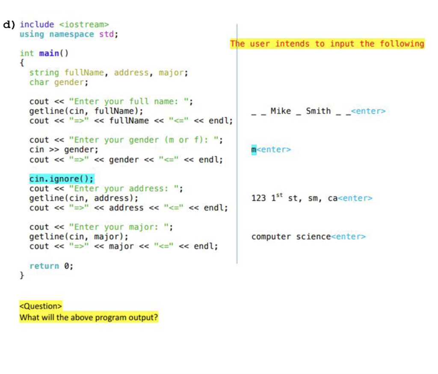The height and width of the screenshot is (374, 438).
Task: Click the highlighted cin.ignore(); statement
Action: click(x=62, y=179)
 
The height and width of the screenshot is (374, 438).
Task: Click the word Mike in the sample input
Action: click(x=281, y=111)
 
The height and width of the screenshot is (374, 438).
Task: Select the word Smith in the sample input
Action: click(x=318, y=111)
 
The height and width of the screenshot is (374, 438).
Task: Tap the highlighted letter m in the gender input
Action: click(x=254, y=150)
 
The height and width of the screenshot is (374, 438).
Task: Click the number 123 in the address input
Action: click(x=259, y=199)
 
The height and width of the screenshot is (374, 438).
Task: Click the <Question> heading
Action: click(x=41, y=306)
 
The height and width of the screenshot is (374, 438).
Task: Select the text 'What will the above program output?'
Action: click(x=89, y=318)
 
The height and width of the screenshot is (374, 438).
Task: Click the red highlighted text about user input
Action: click(x=327, y=44)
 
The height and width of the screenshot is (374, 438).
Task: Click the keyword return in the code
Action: click(x=44, y=266)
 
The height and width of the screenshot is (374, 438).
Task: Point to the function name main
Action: click(x=49, y=53)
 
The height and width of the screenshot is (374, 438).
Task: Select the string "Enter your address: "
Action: click(x=124, y=188)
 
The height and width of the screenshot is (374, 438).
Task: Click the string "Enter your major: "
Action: click(x=118, y=227)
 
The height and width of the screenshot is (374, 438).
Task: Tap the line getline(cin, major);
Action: click(x=79, y=237)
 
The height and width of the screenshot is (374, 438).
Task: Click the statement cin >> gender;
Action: click(x=64, y=150)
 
